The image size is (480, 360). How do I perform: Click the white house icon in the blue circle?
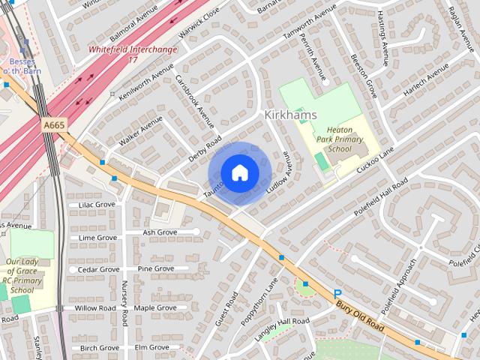(239, 173)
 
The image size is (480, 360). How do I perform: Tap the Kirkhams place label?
(290, 115)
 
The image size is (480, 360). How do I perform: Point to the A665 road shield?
(52, 125)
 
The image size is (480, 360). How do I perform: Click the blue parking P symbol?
(337, 295)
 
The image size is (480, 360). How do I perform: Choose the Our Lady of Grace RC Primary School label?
(21, 276)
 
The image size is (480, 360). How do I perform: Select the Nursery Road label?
(124, 303)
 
